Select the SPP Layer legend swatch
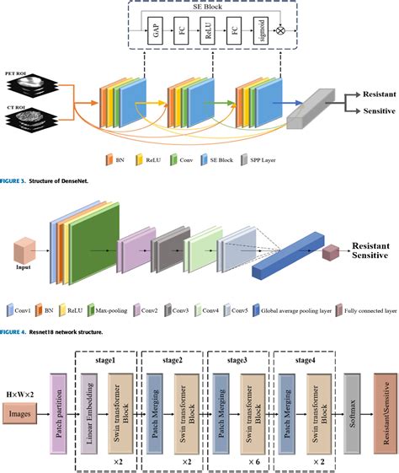[244, 158]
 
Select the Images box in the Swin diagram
[25, 414]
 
